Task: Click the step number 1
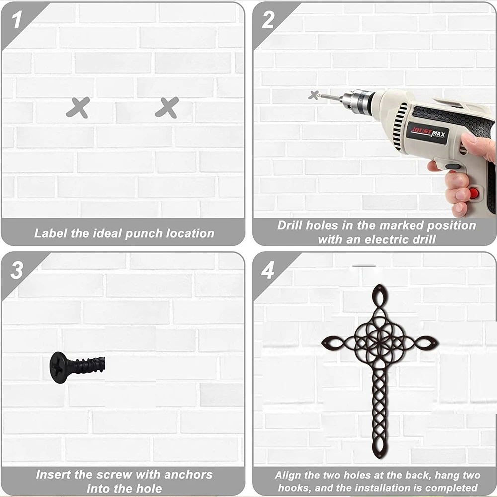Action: coord(17,20)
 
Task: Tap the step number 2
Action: coord(268,20)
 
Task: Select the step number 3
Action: coord(17,270)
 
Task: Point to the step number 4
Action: coord(268,270)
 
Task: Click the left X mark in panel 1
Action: coord(78,108)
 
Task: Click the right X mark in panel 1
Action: coord(167,108)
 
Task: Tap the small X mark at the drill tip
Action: coord(314,95)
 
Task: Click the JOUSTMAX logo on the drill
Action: coord(427,133)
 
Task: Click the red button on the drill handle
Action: coord(474,193)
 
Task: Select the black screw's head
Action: coord(58,367)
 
